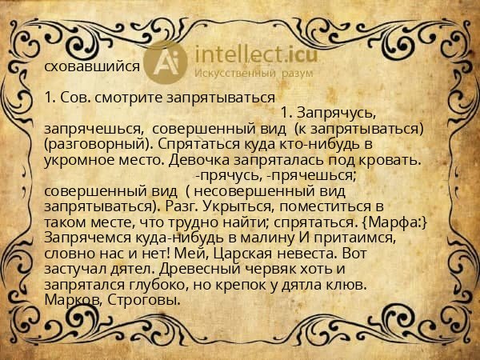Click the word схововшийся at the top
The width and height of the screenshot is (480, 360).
[x=93, y=68]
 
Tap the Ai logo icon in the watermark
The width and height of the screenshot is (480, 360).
[x=169, y=62]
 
